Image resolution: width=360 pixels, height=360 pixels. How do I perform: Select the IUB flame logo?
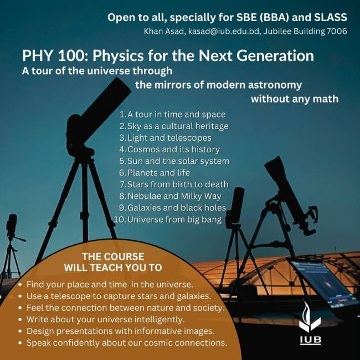tap(310, 317)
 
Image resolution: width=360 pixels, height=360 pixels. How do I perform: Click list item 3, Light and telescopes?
tap(165, 138)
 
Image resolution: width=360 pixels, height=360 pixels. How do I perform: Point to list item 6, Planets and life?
tap(155, 173)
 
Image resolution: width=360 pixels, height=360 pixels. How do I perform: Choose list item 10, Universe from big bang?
tap(168, 219)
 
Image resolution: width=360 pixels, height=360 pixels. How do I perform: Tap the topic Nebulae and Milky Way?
tap(170, 196)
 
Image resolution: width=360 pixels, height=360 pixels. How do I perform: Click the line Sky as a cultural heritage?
tap(174, 126)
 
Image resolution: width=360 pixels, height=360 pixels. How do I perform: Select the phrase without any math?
tap(295, 99)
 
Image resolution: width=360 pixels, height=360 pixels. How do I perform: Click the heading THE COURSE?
tap(113, 256)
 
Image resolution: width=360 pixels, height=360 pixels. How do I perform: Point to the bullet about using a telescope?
tap(115, 296)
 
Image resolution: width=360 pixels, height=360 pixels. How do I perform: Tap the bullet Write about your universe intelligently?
tap(102, 320)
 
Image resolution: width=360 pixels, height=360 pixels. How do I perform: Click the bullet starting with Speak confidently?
tap(123, 343)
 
